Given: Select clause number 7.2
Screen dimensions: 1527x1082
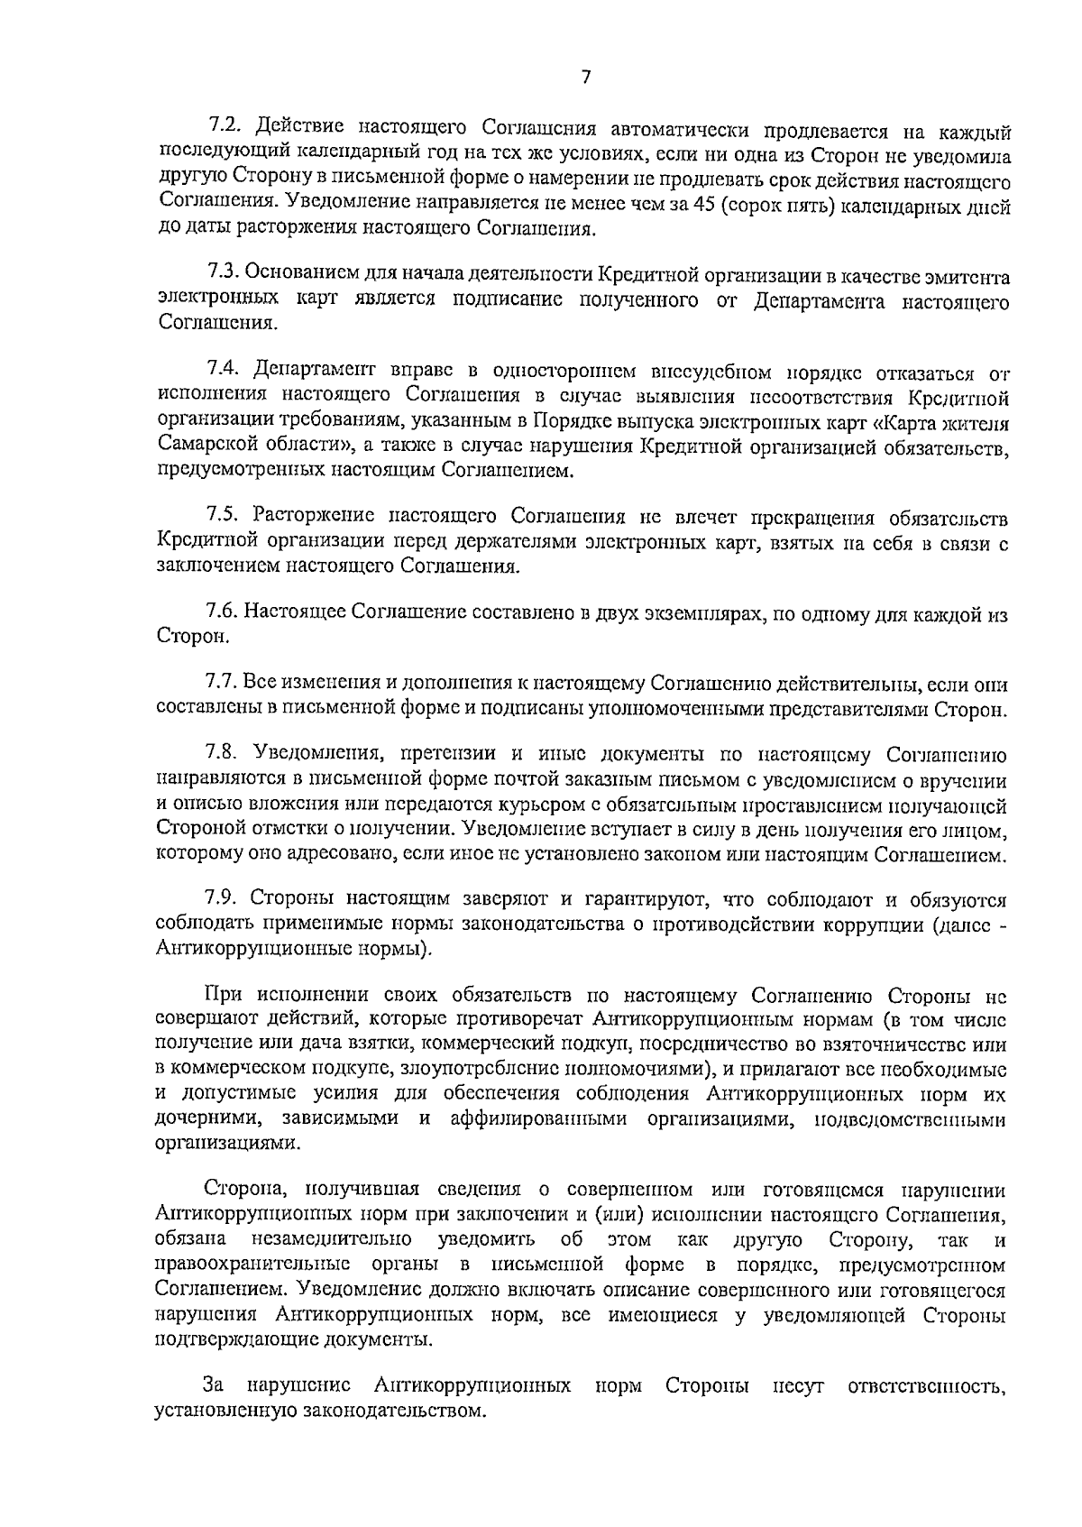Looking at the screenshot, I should click(x=224, y=124).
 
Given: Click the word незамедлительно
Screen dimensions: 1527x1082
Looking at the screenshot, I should click(x=335, y=1240).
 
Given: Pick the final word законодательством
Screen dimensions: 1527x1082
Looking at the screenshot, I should click(x=320, y=1410).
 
